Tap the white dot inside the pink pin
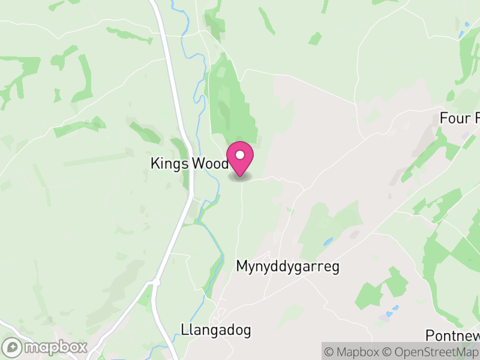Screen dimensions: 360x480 [240, 155]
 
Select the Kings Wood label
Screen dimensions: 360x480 [190, 163]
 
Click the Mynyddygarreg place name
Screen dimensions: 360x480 [287, 266]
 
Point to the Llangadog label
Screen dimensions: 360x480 [215, 330]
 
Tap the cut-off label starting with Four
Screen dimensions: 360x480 [459, 118]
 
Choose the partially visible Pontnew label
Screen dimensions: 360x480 [452, 335]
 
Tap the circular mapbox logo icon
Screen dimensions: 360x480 [13, 347]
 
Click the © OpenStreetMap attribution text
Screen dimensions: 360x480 [431, 352]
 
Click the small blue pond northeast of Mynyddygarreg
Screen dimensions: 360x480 [328, 242]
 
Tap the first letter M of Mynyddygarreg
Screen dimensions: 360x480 [242, 266]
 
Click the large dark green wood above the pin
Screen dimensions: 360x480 [231, 102]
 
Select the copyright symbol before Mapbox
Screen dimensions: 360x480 [328, 352]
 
